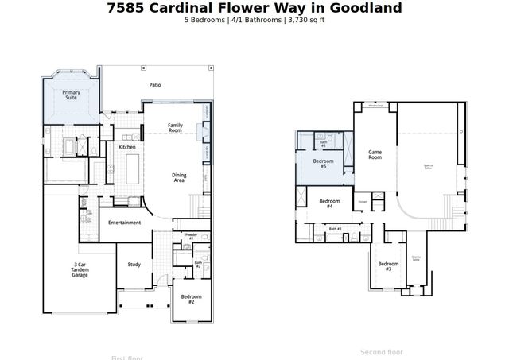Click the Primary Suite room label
[x=71, y=95]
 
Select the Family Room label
[x=175, y=127]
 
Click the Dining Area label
[x=179, y=178]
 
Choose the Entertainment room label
[x=125, y=223]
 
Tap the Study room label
[x=134, y=265]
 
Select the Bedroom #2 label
[x=191, y=299]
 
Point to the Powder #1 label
[x=191, y=236]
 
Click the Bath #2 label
[x=197, y=264]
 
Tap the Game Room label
[x=375, y=154]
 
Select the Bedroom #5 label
[x=324, y=164]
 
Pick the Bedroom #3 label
[x=387, y=266]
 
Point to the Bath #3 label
[x=335, y=229]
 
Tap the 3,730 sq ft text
[x=305, y=20]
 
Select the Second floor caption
[x=382, y=352]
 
